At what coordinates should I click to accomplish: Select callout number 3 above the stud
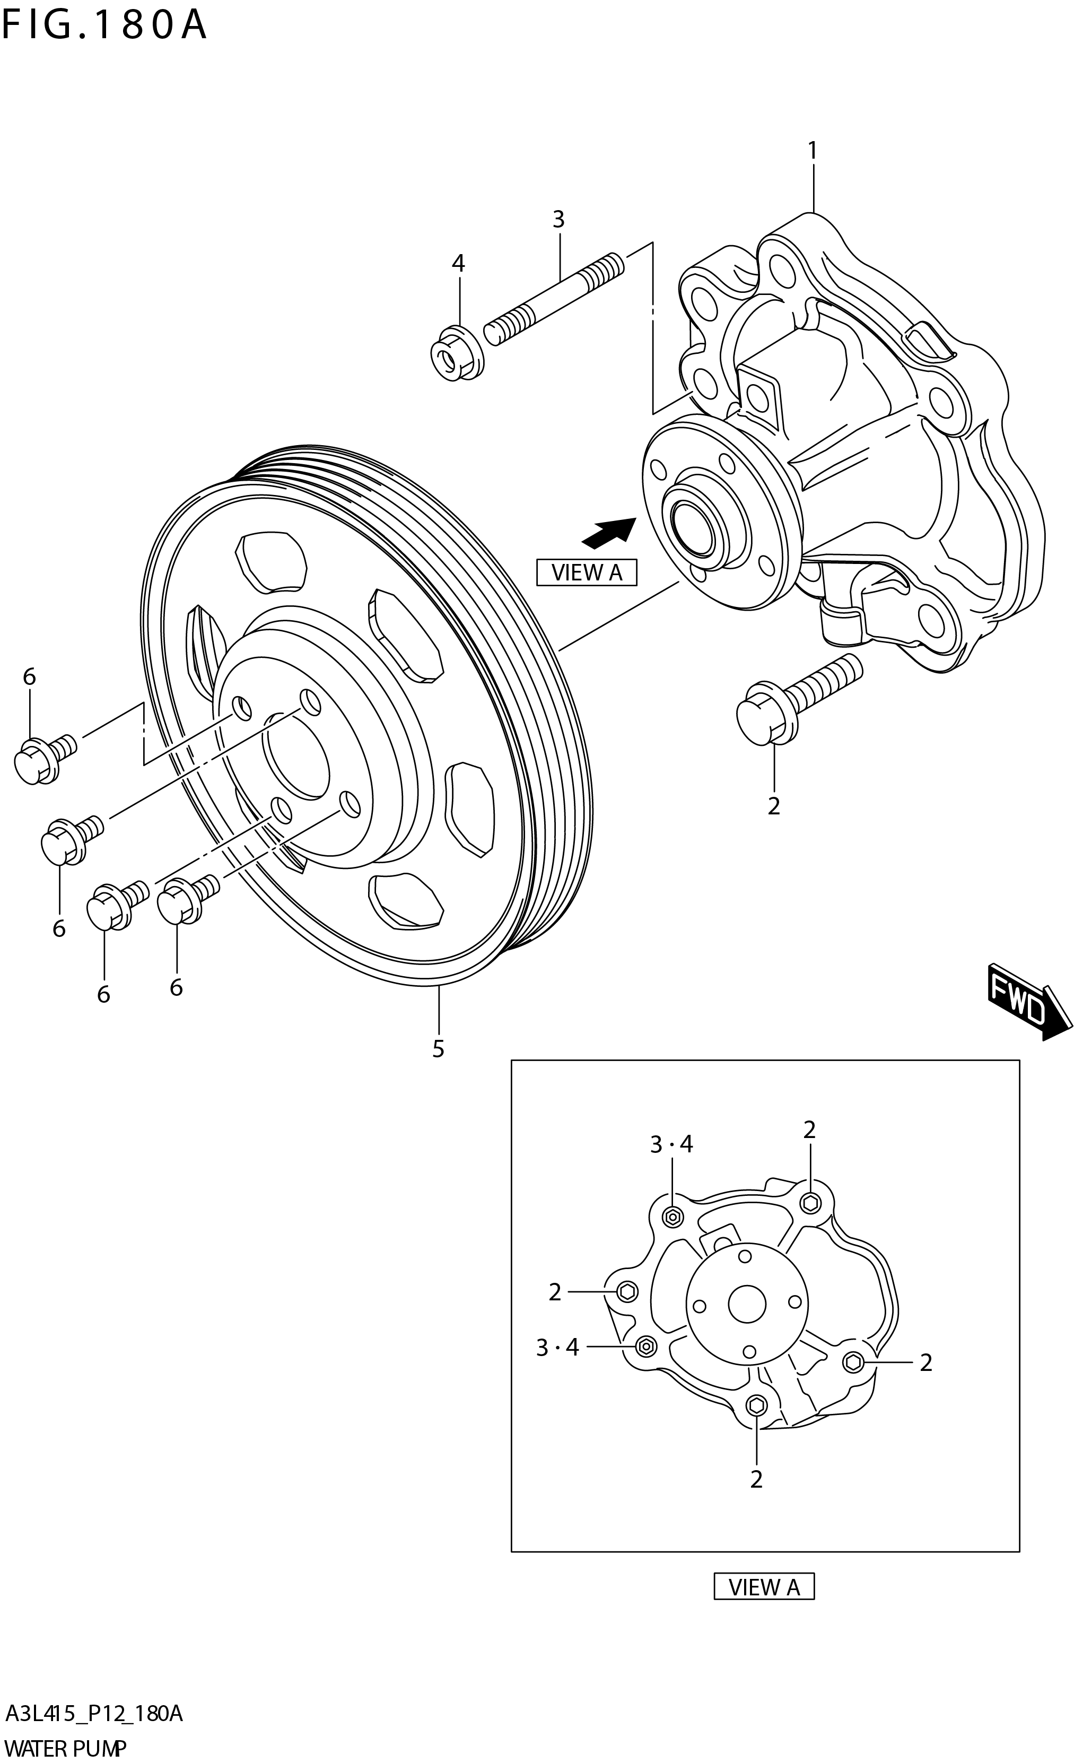coord(558,219)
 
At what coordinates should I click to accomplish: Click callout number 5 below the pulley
coord(438,1049)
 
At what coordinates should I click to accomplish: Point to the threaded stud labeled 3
coord(554,299)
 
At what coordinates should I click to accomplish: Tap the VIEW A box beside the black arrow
coord(587,572)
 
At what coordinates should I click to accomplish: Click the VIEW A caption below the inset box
coord(764,1587)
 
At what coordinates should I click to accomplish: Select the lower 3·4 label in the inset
coord(557,1347)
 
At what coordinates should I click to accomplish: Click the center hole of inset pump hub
coord(747,1304)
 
